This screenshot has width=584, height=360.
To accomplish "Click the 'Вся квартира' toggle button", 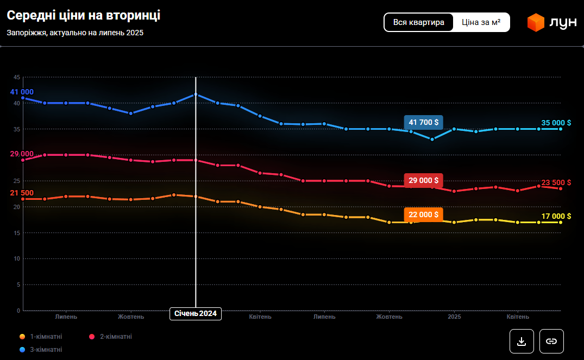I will tap(418, 22).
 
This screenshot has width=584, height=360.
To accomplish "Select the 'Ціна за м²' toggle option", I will tap(481, 22).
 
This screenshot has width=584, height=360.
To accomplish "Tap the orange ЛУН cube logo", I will tap(536, 22).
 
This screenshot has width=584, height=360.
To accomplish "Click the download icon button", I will tap(522, 341).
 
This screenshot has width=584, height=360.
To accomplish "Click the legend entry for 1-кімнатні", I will tap(41, 337).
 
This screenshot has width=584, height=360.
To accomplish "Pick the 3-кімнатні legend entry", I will tap(41, 350).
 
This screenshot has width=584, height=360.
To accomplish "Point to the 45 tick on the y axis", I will tap(17, 77).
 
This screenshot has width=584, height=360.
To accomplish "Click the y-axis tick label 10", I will tap(17, 258).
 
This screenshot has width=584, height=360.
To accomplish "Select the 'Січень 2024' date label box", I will tap(196, 314).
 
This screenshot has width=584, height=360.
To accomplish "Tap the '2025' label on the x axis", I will tap(454, 317).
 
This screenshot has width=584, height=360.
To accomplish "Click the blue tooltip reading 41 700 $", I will tap(423, 122).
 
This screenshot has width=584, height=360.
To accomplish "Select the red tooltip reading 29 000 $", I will tap(423, 180).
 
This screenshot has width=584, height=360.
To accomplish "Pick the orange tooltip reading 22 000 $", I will tap(423, 214).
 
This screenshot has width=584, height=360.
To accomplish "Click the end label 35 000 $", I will tap(556, 123).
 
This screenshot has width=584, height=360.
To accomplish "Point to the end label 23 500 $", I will tap(556, 182).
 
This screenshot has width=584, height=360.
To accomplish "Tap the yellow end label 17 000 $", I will tap(556, 216).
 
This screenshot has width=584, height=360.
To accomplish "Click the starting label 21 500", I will tap(22, 193).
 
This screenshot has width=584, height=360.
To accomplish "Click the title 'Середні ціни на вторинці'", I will tap(84, 16).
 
